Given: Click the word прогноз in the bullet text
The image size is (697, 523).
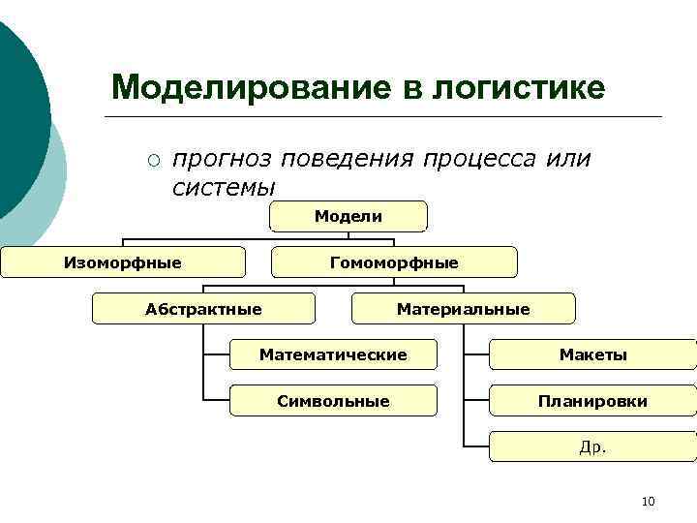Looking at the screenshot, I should click(x=222, y=159).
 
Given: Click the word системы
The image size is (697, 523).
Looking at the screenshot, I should click(x=224, y=186).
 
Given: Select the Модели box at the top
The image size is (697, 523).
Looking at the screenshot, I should click(x=348, y=216).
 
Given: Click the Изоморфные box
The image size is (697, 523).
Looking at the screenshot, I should click(x=122, y=261).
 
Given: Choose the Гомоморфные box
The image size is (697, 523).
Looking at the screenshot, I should click(x=394, y=262).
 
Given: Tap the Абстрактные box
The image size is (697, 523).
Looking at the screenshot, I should click(x=203, y=309).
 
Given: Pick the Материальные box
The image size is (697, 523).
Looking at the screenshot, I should click(x=463, y=309).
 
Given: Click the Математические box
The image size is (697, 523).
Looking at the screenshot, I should click(x=332, y=354).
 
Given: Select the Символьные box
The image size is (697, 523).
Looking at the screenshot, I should click(x=332, y=400).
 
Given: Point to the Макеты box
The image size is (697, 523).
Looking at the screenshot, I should click(x=592, y=354).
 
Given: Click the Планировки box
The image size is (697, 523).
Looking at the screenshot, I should click(x=592, y=400).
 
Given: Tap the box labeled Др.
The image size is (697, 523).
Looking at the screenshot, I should click(x=592, y=446).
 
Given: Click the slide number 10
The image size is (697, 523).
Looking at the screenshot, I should click(x=648, y=501).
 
